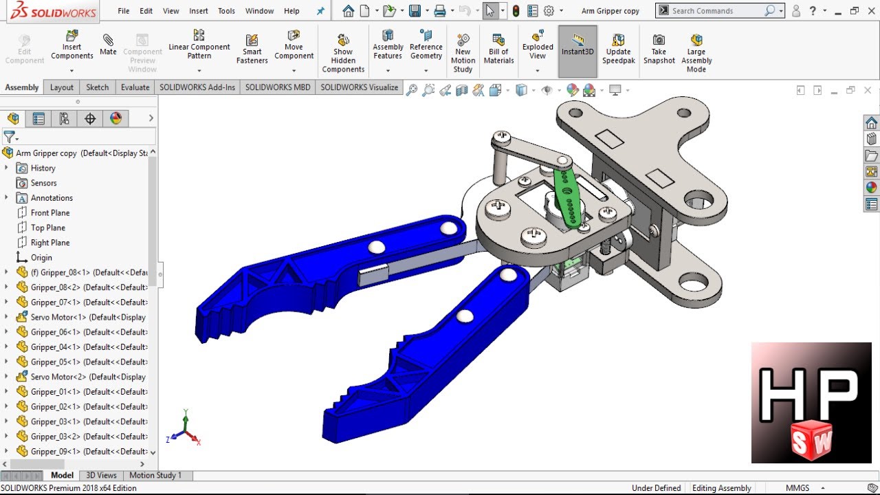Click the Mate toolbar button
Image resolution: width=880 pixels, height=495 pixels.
coord(108,45)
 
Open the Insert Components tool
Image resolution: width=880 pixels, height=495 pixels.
coord(72,45)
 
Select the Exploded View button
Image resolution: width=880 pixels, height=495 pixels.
coord(538,45)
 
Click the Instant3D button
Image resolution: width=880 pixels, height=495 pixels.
coord(577,45)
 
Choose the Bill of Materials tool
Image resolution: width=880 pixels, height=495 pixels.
coord(498,48)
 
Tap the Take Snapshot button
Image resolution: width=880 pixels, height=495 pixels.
coord(659,48)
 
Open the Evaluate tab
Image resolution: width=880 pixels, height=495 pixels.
coord(135,87)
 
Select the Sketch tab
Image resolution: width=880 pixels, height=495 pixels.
coord(97,87)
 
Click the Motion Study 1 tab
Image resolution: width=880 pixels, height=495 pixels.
coord(155,475)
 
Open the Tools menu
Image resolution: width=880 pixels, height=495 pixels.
coord(226,11)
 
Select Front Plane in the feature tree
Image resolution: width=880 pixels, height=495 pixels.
coord(49,213)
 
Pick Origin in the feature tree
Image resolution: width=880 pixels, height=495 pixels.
coord(41,258)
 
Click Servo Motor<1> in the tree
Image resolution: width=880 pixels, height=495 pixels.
coord(58,318)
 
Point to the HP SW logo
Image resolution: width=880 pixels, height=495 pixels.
coord(811,403)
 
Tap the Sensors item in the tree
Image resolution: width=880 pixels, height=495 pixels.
coord(43,183)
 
